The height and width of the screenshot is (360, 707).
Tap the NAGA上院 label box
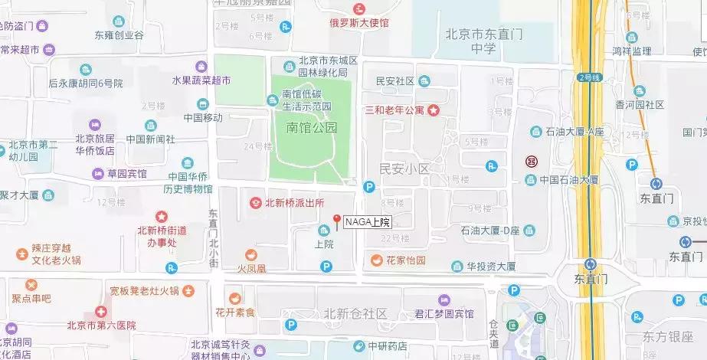368,223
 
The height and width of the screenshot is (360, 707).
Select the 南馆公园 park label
312,128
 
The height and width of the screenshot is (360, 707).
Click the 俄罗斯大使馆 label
359,23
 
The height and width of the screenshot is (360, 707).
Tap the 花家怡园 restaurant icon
376,260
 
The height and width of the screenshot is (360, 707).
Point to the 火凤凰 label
251,269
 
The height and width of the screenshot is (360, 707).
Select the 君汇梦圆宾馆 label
444,314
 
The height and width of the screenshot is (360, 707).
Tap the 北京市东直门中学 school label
482,41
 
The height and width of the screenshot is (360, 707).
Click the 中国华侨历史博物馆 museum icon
188,162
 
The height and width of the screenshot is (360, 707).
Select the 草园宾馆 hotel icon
98,174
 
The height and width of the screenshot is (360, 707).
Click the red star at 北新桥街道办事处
161,217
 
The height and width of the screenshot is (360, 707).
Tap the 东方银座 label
669,336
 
